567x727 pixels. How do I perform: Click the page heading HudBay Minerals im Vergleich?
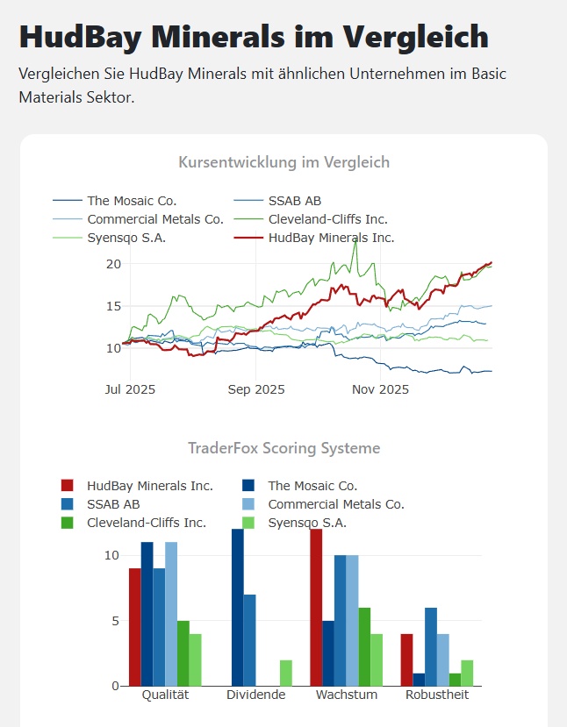253,37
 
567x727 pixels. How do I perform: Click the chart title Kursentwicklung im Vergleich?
283,162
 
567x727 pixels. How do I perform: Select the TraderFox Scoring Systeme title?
283,448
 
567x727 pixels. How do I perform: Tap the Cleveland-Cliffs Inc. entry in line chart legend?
327,219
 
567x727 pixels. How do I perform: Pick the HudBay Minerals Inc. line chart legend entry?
331,238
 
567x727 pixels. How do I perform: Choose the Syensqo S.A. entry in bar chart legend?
307,523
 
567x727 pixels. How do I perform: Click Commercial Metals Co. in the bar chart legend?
335,504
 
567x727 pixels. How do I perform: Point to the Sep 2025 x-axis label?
255,389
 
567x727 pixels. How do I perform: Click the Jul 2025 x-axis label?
129,389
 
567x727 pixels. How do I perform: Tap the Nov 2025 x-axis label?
379,389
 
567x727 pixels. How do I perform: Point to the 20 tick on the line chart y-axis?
112,264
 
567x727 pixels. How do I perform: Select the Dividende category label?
255,695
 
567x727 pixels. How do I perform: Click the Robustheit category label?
437,695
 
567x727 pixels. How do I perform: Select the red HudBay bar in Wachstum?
316,608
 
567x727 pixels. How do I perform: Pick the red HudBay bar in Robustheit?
407,659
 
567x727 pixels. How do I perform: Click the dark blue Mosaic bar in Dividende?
237,608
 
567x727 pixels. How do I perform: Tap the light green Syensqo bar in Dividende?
286,673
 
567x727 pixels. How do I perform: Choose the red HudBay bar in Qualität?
135,627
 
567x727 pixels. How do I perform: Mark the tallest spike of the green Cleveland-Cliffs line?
355,240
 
